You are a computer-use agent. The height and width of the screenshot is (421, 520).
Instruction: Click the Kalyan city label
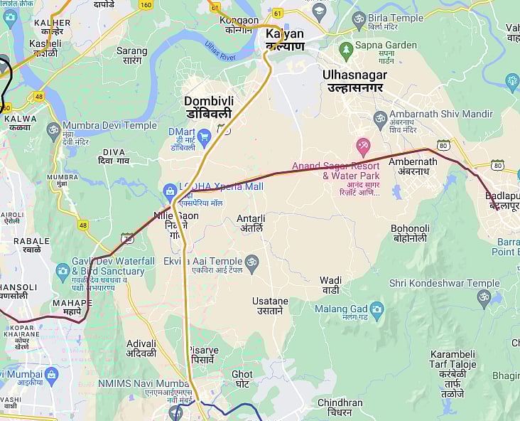pyautogui.click(x=284, y=40)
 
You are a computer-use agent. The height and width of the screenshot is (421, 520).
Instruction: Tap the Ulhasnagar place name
pyautogui.click(x=354, y=81)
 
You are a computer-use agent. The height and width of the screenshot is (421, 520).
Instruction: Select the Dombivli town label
pyautogui.click(x=208, y=107)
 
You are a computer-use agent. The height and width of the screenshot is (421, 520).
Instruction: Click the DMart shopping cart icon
pyautogui.click(x=205, y=135)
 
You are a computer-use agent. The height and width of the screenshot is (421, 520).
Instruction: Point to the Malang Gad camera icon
pyautogui.click(x=377, y=309)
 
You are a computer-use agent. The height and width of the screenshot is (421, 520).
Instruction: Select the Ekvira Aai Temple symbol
pyautogui.click(x=251, y=262)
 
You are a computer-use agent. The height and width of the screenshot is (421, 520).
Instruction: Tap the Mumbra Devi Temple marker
pyautogui.click(x=53, y=130)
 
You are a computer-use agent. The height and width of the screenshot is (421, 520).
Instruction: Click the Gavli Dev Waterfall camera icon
pyautogui.click(x=63, y=270)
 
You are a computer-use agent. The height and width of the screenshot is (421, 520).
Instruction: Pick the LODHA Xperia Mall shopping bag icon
pyautogui.click(x=170, y=191)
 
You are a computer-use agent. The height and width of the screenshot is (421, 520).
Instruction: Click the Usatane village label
pyautogui.click(x=270, y=306)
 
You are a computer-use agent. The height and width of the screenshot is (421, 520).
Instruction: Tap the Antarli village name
pyautogui.click(x=251, y=223)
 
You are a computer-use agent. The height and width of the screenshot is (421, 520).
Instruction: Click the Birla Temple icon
pyautogui.click(x=359, y=17)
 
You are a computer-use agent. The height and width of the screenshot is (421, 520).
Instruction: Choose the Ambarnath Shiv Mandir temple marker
pyautogui.click(x=380, y=118)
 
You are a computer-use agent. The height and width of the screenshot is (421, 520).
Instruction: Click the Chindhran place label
pyautogui.click(x=340, y=407)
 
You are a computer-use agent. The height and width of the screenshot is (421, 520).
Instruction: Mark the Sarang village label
pyautogui.click(x=131, y=55)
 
